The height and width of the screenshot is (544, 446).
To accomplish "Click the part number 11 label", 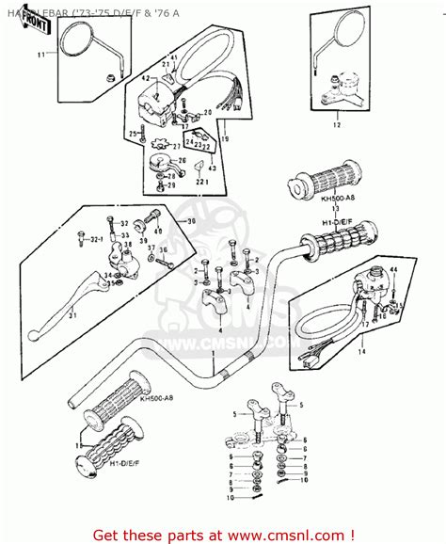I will pyautogui.click(x=40, y=56).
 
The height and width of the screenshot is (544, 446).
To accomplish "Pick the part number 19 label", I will pyautogui.click(x=224, y=139).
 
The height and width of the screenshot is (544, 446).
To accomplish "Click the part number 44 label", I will pyautogui.click(x=393, y=269).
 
